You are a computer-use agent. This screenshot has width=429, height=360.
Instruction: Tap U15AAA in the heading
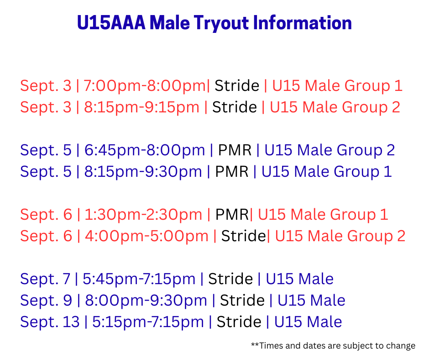click(111, 22)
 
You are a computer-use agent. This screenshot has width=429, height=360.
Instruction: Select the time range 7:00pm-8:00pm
click(145, 86)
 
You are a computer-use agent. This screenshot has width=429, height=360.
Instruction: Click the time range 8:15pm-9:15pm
click(141, 107)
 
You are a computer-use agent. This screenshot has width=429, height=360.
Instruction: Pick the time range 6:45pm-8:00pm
click(145, 150)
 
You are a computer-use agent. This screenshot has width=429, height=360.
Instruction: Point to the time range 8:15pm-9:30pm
click(143, 172)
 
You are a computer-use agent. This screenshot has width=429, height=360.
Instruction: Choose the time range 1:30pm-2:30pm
click(143, 215)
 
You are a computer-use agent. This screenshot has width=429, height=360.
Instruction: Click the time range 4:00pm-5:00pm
click(146, 236)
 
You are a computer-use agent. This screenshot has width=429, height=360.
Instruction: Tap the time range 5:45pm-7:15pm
click(139, 279)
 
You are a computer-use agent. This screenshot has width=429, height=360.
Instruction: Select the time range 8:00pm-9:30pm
click(146, 301)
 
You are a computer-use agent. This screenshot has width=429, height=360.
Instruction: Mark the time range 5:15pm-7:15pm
click(148, 322)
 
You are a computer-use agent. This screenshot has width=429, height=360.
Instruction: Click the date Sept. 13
click(50, 322)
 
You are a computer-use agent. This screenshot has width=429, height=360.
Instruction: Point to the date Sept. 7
click(46, 279)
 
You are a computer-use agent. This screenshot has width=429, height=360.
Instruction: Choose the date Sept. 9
click(46, 300)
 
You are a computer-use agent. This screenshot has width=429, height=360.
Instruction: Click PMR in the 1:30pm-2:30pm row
click(232, 215)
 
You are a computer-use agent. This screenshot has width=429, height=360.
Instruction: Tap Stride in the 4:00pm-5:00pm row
click(243, 236)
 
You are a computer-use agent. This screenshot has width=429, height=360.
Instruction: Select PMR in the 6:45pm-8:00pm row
click(235, 150)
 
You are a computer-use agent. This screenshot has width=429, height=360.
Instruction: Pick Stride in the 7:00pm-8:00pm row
click(237, 86)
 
